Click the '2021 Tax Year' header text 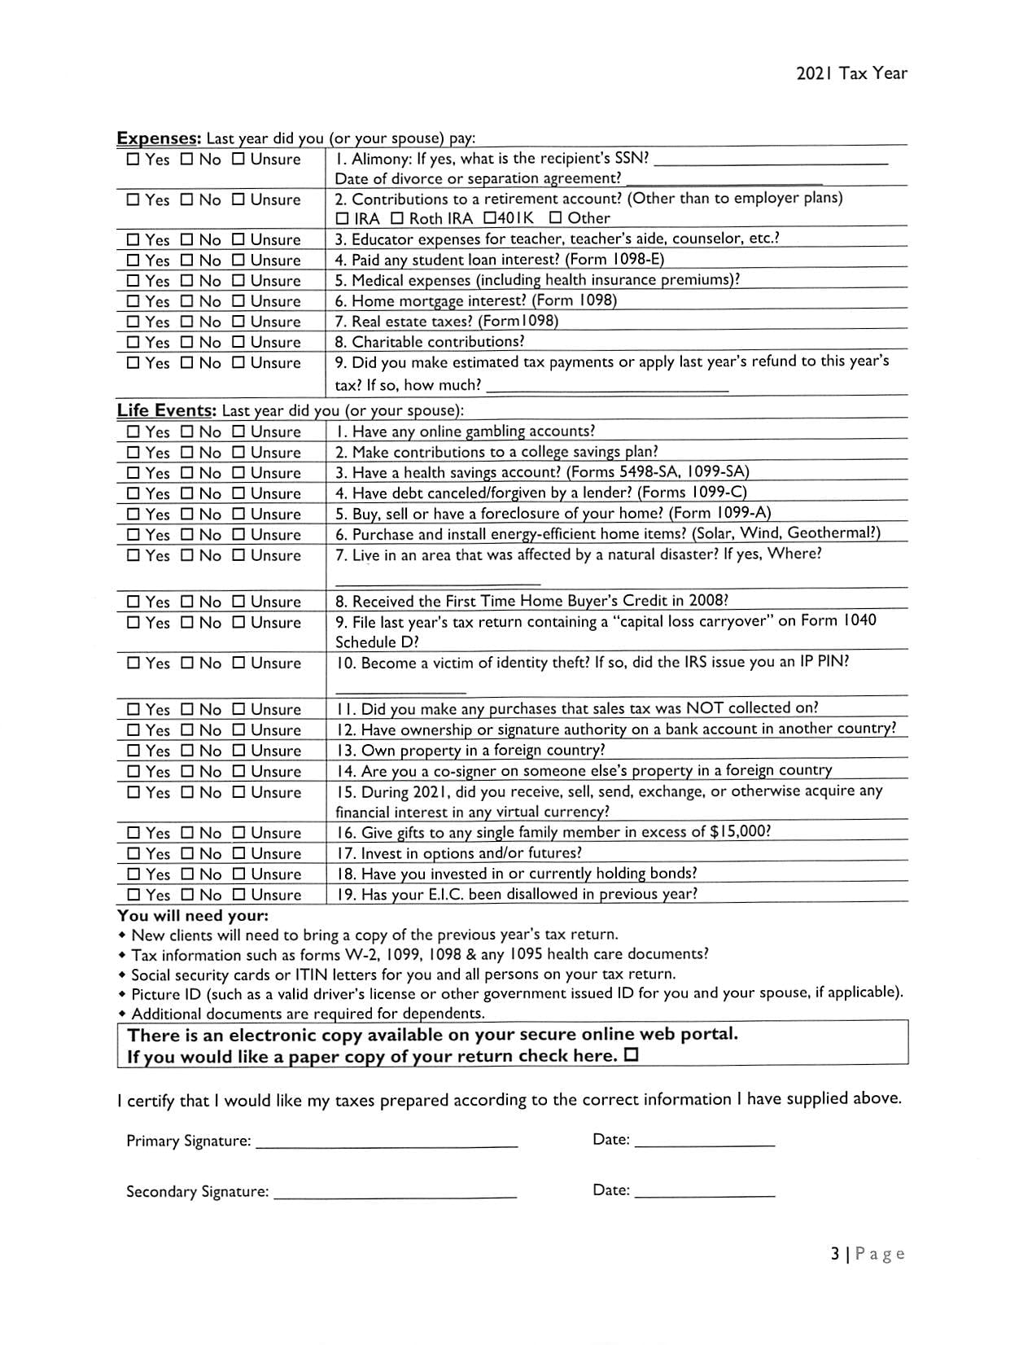851,73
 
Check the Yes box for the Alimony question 133,160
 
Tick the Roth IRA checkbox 396,219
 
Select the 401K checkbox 489,218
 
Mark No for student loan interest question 186,261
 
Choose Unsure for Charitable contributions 238,343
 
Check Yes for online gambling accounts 133,432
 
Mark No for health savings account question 186,474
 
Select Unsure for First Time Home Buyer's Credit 238,602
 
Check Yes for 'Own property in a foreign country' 133,751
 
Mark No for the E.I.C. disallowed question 186,896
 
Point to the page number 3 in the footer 835,1254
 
